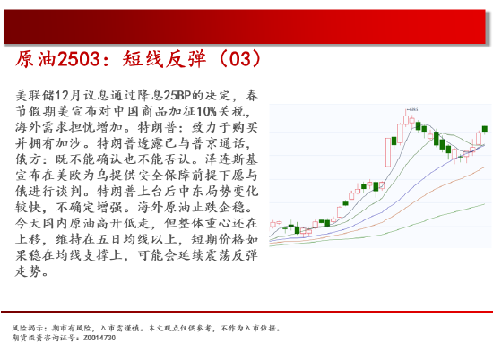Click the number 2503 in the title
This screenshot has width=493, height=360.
[79, 59]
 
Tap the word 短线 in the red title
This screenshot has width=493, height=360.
[143, 59]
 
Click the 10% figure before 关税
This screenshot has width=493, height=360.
[206, 111]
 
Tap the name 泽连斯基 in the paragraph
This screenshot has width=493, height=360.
[231, 159]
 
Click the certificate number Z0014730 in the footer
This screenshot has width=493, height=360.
[99, 338]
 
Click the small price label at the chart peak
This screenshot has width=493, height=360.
[413, 109]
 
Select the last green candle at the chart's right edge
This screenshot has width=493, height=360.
[485, 128]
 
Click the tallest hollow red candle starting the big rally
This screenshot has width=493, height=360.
[388, 152]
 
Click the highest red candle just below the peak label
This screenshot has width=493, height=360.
[406, 120]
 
